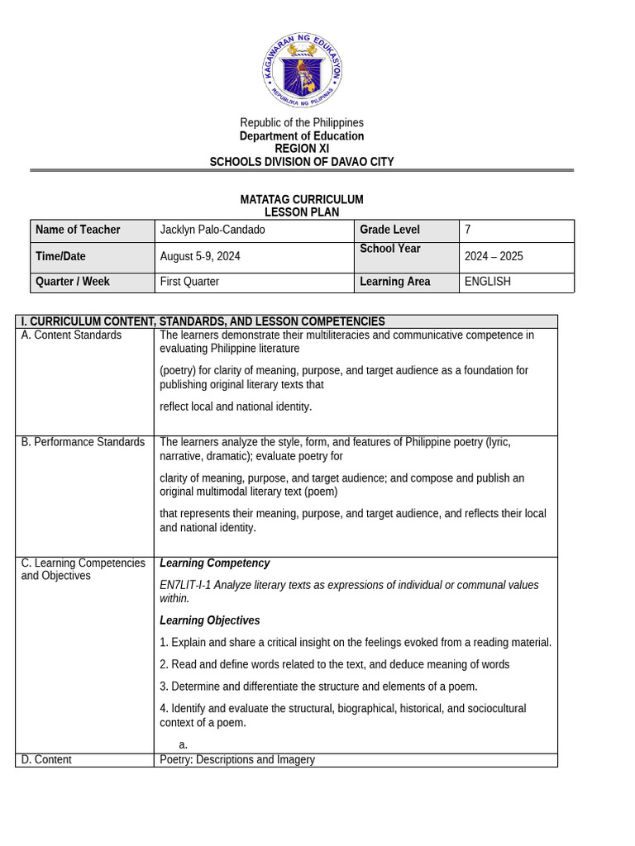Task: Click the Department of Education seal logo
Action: click(x=302, y=71)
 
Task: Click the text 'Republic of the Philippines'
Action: click(x=302, y=123)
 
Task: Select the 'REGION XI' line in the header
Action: click(x=302, y=149)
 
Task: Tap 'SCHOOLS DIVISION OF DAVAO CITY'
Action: click(x=302, y=162)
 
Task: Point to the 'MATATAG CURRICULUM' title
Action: click(x=302, y=200)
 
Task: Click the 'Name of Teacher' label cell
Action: click(x=78, y=230)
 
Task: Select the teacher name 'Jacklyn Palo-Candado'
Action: click(x=212, y=230)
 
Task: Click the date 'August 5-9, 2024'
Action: click(x=200, y=256)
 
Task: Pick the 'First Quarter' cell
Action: click(x=189, y=282)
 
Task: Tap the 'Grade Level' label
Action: click(x=389, y=230)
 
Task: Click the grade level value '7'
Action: click(x=468, y=230)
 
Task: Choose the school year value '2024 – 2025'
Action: click(x=494, y=256)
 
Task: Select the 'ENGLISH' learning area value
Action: click(x=488, y=282)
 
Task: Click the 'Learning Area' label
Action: click(x=394, y=282)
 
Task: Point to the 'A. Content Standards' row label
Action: click(x=71, y=335)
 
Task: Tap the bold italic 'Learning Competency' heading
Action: click(x=214, y=563)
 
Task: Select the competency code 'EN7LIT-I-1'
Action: click(x=186, y=585)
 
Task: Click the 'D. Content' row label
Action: click(x=46, y=760)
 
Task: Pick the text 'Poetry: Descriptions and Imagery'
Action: click(x=237, y=760)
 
